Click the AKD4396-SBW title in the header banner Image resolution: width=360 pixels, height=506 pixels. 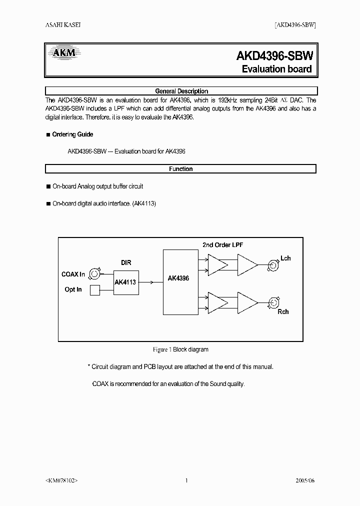coord(274,55)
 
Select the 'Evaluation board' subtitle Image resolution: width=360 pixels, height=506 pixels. coord(276,69)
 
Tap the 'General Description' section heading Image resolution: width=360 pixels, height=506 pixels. coord(181,91)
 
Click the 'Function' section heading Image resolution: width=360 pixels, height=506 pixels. coord(181,169)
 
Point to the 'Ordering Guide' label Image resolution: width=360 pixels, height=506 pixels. coord(72,134)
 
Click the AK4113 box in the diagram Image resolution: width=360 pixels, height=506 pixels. coord(125,282)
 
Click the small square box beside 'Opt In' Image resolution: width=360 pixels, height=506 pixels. coord(94,290)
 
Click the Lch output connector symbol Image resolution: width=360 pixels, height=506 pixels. coord(272,264)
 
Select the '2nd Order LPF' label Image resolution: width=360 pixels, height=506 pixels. coord(223,245)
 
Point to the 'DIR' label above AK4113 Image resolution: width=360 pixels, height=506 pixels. coord(126,262)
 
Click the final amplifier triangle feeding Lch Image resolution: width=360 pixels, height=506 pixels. coord(246,264)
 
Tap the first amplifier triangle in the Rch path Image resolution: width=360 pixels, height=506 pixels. coord(216,302)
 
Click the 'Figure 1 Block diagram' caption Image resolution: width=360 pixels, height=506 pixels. coord(180,349)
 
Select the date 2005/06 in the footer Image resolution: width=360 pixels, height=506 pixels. coord(305,480)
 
